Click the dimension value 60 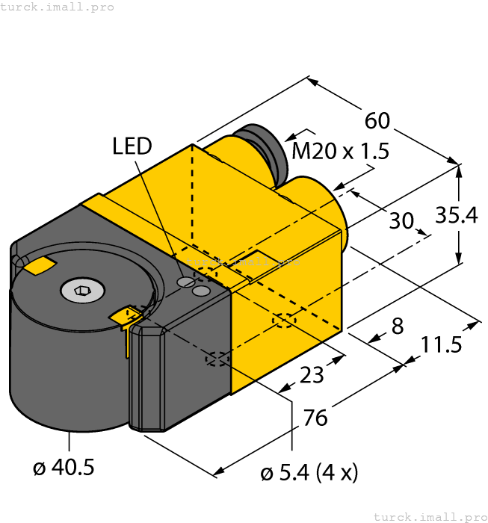point(378,120)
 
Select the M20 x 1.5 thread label point(340,152)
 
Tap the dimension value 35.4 point(457,215)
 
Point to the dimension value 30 point(401,220)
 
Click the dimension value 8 point(397,327)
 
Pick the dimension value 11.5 point(441,345)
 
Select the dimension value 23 point(312,374)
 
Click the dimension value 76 point(315,418)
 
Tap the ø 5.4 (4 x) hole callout point(309,472)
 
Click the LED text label point(132,146)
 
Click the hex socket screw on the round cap point(81,289)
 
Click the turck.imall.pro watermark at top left point(58,7)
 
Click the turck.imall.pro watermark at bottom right point(430,516)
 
